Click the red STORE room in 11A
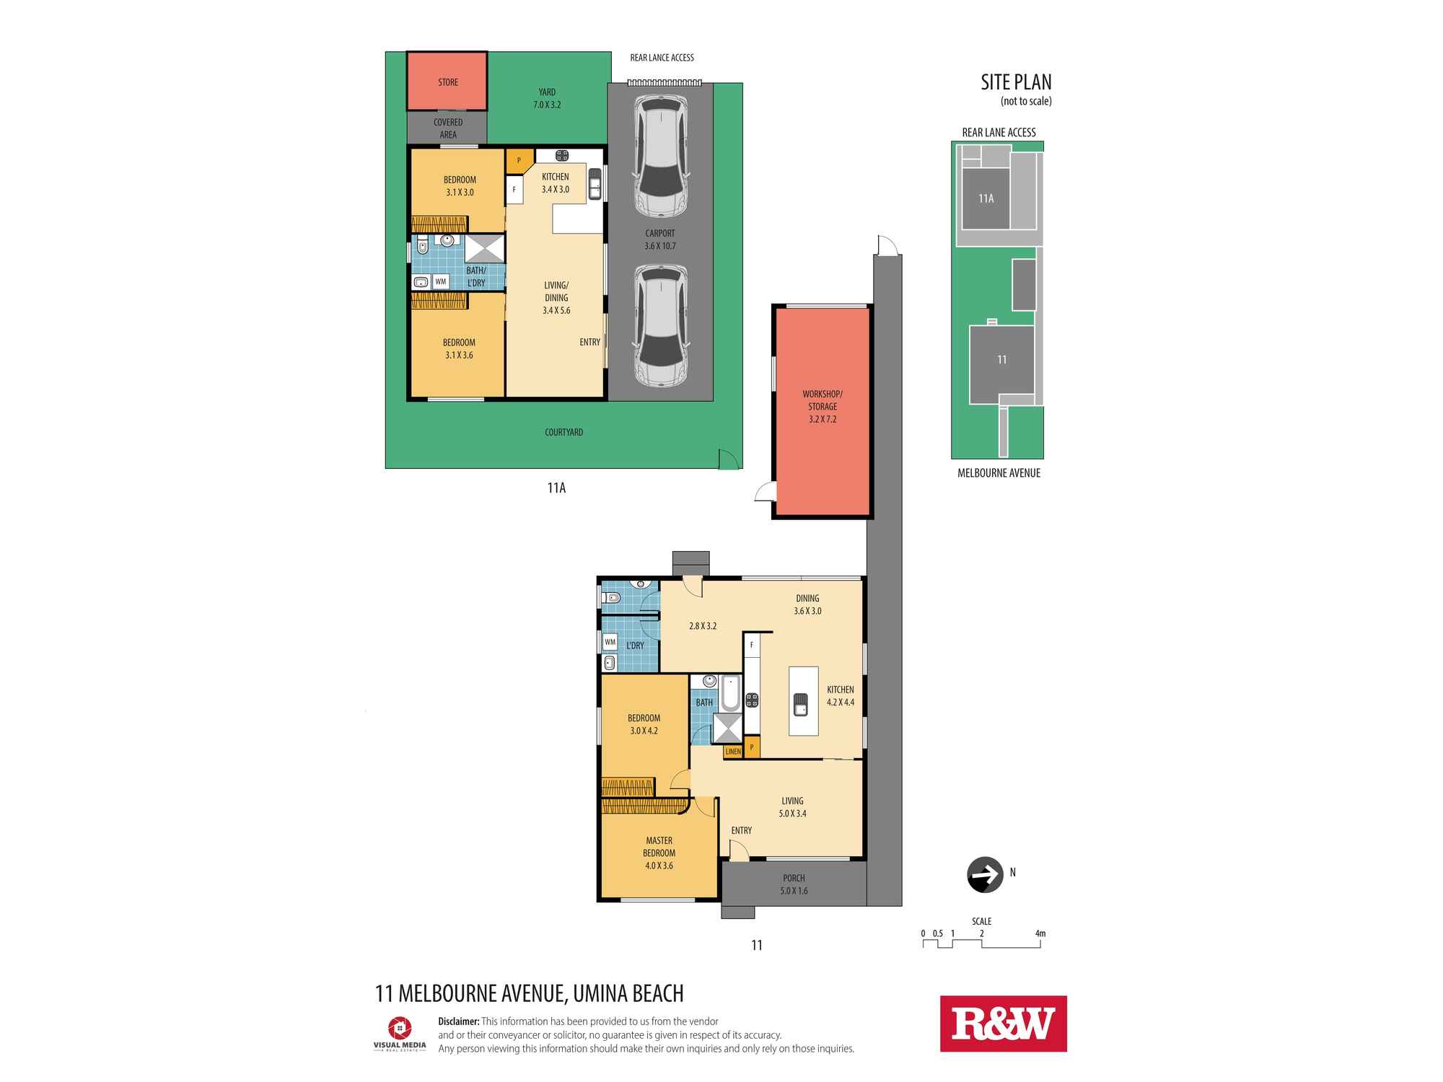point(447,82)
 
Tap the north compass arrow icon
point(984,874)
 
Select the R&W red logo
point(1003,1024)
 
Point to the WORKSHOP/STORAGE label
point(822,406)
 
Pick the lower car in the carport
point(659,326)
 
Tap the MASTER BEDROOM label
point(659,853)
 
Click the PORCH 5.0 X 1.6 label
point(794,884)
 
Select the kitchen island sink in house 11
point(801,702)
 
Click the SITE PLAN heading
point(1016,82)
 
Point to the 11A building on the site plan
point(986,198)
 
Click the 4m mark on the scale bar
point(1040,933)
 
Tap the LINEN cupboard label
point(733,752)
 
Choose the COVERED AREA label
point(448,128)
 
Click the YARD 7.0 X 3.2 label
point(547,98)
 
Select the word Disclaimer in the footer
point(458,1021)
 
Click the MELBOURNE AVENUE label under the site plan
point(999,473)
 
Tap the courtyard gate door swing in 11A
point(727,459)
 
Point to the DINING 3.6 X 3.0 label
point(807,604)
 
